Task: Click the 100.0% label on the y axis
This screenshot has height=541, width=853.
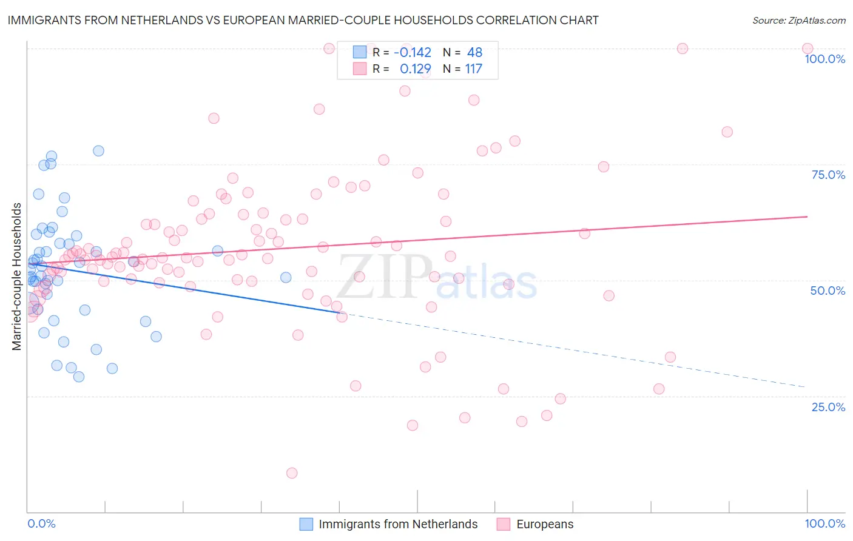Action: pos(824,59)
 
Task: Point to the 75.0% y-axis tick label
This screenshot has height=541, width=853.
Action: pos(828,175)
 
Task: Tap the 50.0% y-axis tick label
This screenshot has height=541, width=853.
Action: pos(828,291)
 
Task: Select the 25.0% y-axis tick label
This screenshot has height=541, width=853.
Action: pos(828,406)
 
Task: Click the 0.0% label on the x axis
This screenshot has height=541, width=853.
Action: pos(41,523)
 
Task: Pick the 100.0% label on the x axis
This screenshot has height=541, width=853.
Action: pos(824,523)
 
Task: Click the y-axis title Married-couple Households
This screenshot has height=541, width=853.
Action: pos(17,277)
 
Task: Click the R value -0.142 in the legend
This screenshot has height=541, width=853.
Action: pos(413,52)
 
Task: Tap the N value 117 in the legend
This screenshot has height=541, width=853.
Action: pos(474,69)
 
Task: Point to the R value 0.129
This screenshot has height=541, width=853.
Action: pos(416,69)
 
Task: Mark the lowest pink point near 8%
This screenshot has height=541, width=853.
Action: pos(292,473)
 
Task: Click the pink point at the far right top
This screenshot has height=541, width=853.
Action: pos(807,49)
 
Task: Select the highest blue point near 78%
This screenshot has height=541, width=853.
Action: pos(98,151)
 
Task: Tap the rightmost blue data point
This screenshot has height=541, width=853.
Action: pos(286,277)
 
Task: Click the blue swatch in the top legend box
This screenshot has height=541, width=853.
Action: pos(360,52)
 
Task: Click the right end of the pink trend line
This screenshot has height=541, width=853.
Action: pos(807,217)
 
